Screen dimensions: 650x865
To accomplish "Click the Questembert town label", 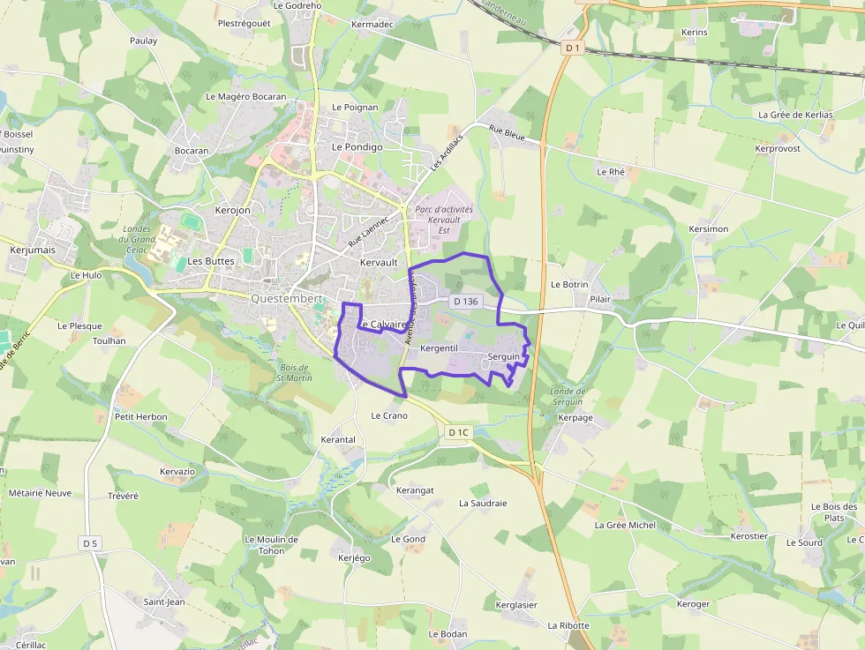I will (x=287, y=298).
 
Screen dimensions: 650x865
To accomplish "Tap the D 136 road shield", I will (x=465, y=302).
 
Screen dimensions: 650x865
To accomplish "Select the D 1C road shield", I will (x=458, y=432).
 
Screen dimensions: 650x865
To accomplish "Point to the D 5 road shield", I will (x=90, y=543).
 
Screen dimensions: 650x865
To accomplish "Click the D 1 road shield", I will (x=574, y=47).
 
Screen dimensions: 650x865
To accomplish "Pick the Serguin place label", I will (x=503, y=356).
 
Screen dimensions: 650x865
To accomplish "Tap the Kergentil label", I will (x=440, y=349).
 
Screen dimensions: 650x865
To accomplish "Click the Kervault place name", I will (x=379, y=263).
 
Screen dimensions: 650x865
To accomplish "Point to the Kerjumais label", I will (x=32, y=250).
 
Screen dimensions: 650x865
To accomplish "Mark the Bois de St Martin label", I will (x=294, y=373).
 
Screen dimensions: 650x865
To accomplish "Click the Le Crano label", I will (x=389, y=415).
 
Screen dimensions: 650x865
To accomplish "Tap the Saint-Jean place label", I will (x=164, y=602).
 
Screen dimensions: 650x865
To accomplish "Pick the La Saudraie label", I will (x=483, y=504).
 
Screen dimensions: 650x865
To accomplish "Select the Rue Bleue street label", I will (x=507, y=134).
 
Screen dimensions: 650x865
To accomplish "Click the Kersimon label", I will (x=708, y=229).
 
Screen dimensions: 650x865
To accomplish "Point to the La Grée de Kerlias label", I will (x=795, y=115).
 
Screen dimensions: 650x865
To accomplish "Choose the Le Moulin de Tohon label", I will (x=271, y=545).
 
